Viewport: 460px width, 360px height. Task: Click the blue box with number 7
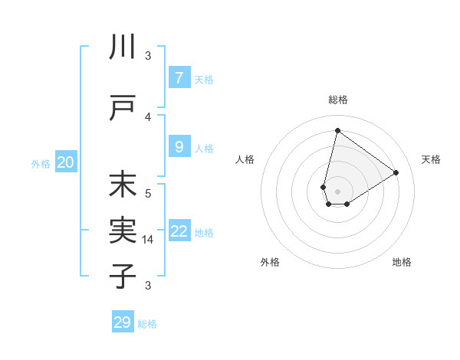pos(179,78)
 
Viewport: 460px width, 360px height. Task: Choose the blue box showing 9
pos(179,147)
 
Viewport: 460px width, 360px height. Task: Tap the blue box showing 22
pos(179,231)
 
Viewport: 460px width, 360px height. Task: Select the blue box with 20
pos(66,162)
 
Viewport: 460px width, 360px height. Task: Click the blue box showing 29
pos(123,322)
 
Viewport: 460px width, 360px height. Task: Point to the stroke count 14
pos(148,240)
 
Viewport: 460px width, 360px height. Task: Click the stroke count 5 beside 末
pos(148,193)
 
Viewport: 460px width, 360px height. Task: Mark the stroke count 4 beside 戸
pos(148,116)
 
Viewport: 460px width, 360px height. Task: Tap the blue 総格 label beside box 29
pos(147,324)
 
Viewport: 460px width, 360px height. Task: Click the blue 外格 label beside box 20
pos(41,163)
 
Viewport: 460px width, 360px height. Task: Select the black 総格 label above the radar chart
pos(337,100)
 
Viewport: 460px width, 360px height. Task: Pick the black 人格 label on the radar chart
pos(245,159)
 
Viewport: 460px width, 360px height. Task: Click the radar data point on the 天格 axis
pos(396,173)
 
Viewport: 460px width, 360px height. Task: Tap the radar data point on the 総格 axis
pos(337,130)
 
